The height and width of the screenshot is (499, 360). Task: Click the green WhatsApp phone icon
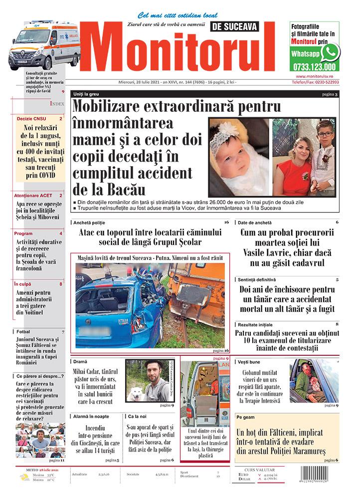tap(330, 52)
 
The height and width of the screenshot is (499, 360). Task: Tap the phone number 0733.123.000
tap(314, 67)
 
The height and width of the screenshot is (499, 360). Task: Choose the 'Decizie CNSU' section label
tap(32, 119)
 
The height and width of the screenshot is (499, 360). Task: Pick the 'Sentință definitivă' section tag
tap(257, 280)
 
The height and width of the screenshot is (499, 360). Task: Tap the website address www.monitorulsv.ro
tap(314, 76)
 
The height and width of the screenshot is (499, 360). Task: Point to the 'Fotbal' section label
tap(23, 332)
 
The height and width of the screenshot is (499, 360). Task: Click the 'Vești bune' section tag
tap(249, 362)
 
